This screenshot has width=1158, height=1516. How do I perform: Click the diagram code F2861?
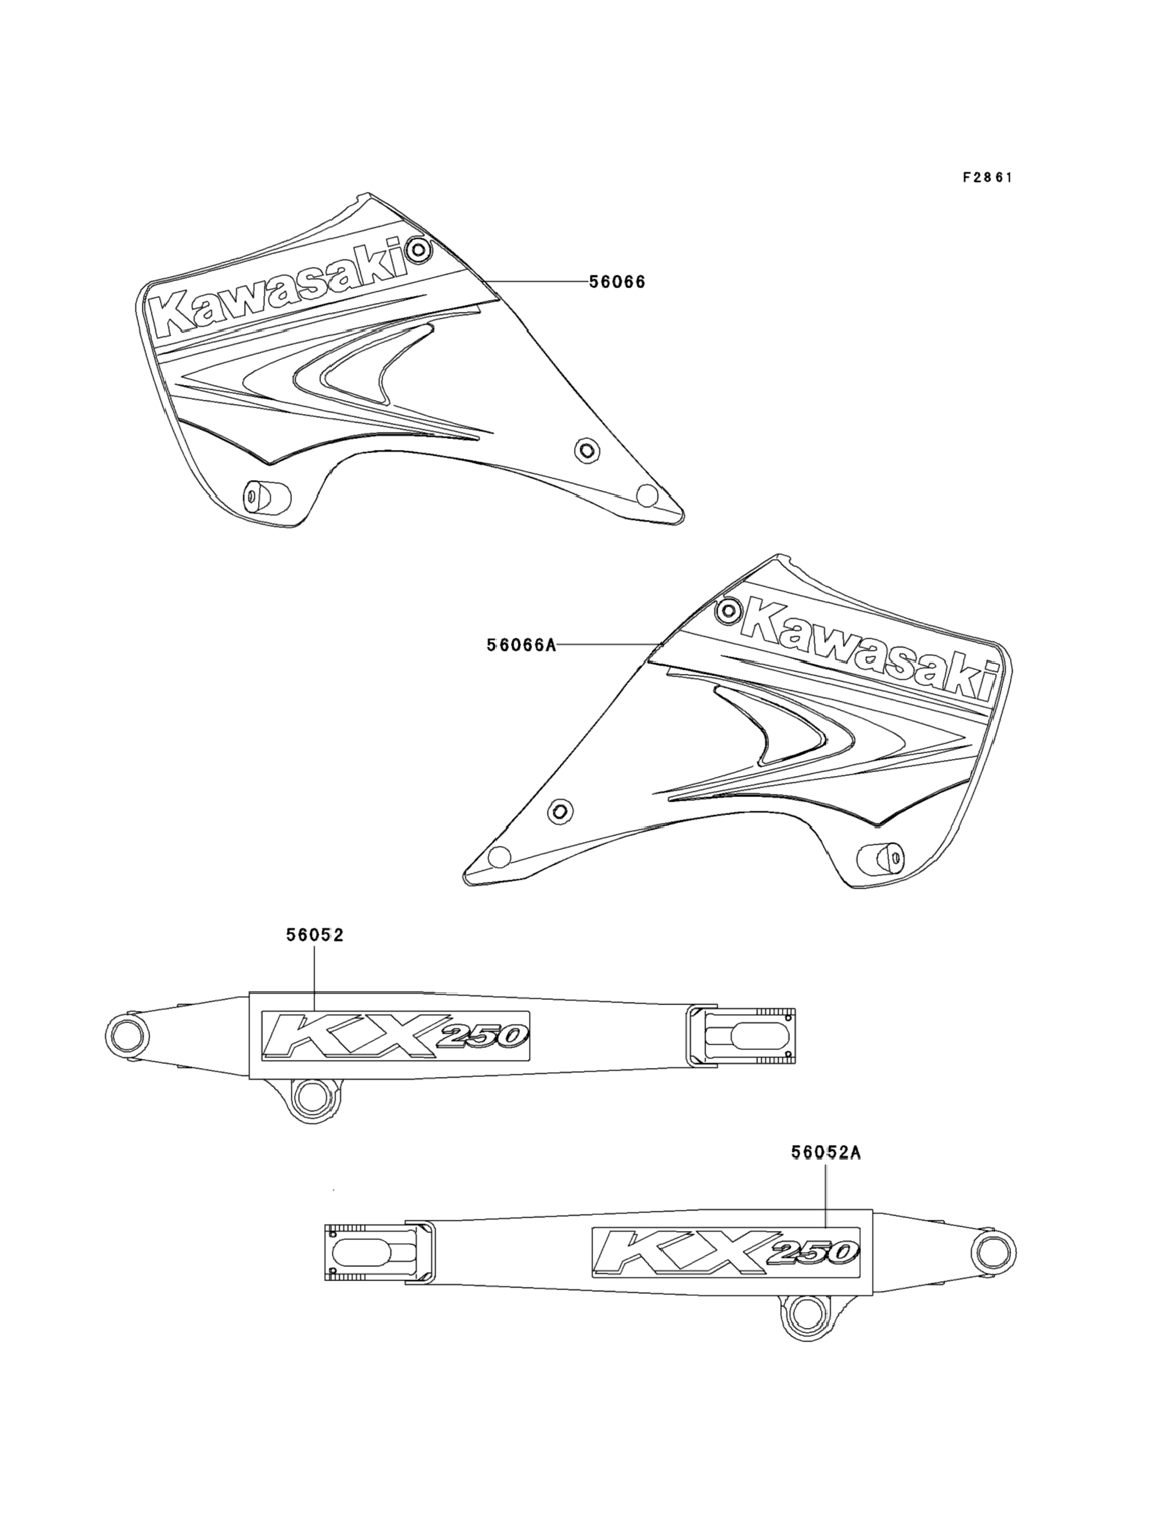point(987,178)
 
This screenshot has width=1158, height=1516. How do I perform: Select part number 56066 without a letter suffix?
point(617,282)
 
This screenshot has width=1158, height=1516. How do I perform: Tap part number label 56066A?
point(521,645)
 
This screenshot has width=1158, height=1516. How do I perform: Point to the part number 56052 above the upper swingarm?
point(315,935)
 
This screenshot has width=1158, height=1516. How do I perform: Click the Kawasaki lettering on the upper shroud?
point(282,290)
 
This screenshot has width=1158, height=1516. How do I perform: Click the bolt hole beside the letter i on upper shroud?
point(418,249)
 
